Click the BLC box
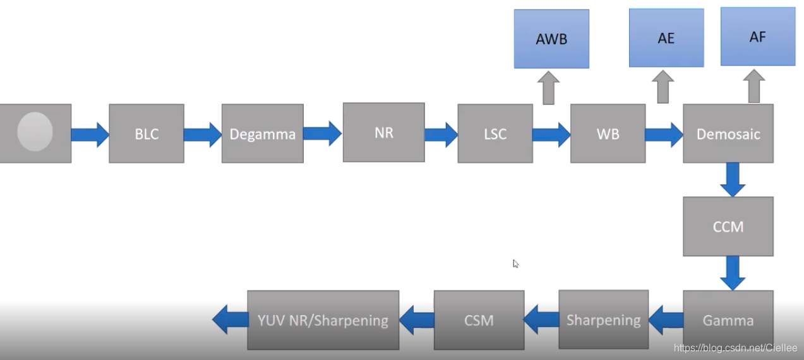coord(147,134)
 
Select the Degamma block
coord(262,134)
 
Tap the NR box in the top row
coord(384,133)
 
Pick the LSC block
coord(495,134)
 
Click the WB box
coord(608,134)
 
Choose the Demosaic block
coord(728,134)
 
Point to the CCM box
coord(728,226)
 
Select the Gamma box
coord(728,320)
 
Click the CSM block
coord(479,320)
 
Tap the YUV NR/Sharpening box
coord(323,320)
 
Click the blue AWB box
coord(551,39)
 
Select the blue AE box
coord(666,38)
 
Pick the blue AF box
coord(758,37)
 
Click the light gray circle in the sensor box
coord(35,131)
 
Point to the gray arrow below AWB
coord(549,87)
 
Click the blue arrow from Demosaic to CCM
coord(733,179)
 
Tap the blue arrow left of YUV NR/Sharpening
coord(230,320)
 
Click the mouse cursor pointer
coord(515,263)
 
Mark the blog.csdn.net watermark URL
coord(735,348)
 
